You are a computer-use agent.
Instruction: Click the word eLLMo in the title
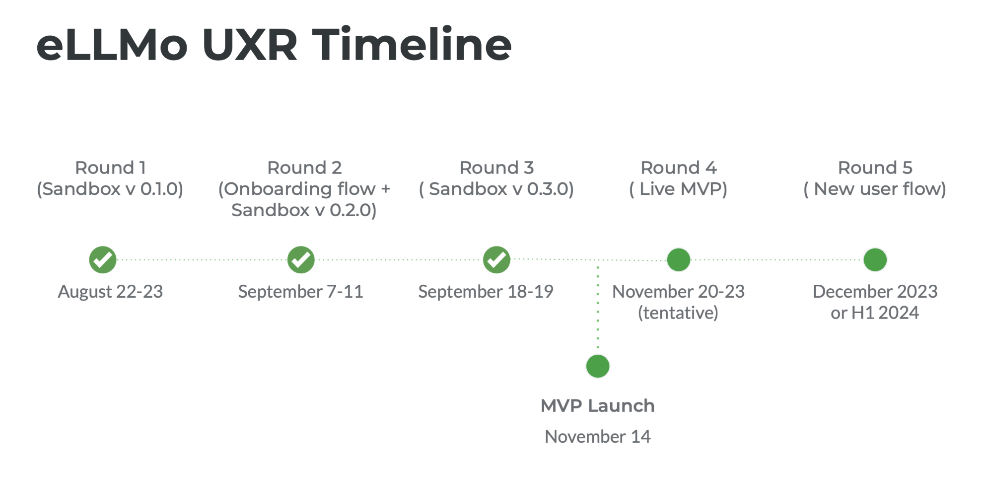pyautogui.click(x=112, y=45)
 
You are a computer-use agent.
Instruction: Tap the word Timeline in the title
pyautogui.click(x=412, y=45)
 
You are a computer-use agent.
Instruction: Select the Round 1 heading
pyautogui.click(x=110, y=167)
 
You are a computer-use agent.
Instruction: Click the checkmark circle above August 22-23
pyautogui.click(x=103, y=259)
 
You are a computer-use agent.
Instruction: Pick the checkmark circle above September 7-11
pyautogui.click(x=301, y=259)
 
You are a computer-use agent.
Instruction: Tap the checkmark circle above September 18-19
pyautogui.click(x=496, y=259)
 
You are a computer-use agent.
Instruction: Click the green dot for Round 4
pyautogui.click(x=679, y=259)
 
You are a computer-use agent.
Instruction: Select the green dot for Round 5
pyautogui.click(x=875, y=259)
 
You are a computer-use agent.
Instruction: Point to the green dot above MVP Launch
pyautogui.click(x=598, y=366)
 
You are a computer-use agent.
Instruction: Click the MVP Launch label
pyautogui.click(x=598, y=406)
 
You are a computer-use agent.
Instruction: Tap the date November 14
pyautogui.click(x=598, y=436)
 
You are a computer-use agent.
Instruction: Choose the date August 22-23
pyautogui.click(x=110, y=292)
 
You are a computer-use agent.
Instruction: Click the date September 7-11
pyautogui.click(x=301, y=292)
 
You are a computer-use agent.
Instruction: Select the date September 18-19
pyautogui.click(x=486, y=292)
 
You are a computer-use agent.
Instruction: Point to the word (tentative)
pyautogui.click(x=678, y=313)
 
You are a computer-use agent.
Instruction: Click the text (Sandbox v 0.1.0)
pyautogui.click(x=110, y=189)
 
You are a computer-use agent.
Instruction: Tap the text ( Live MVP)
pyautogui.click(x=678, y=189)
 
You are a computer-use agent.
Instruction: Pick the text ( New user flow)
pyautogui.click(x=875, y=189)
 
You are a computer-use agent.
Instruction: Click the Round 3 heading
pyautogui.click(x=496, y=167)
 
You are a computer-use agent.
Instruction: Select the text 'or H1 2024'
pyautogui.click(x=875, y=313)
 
